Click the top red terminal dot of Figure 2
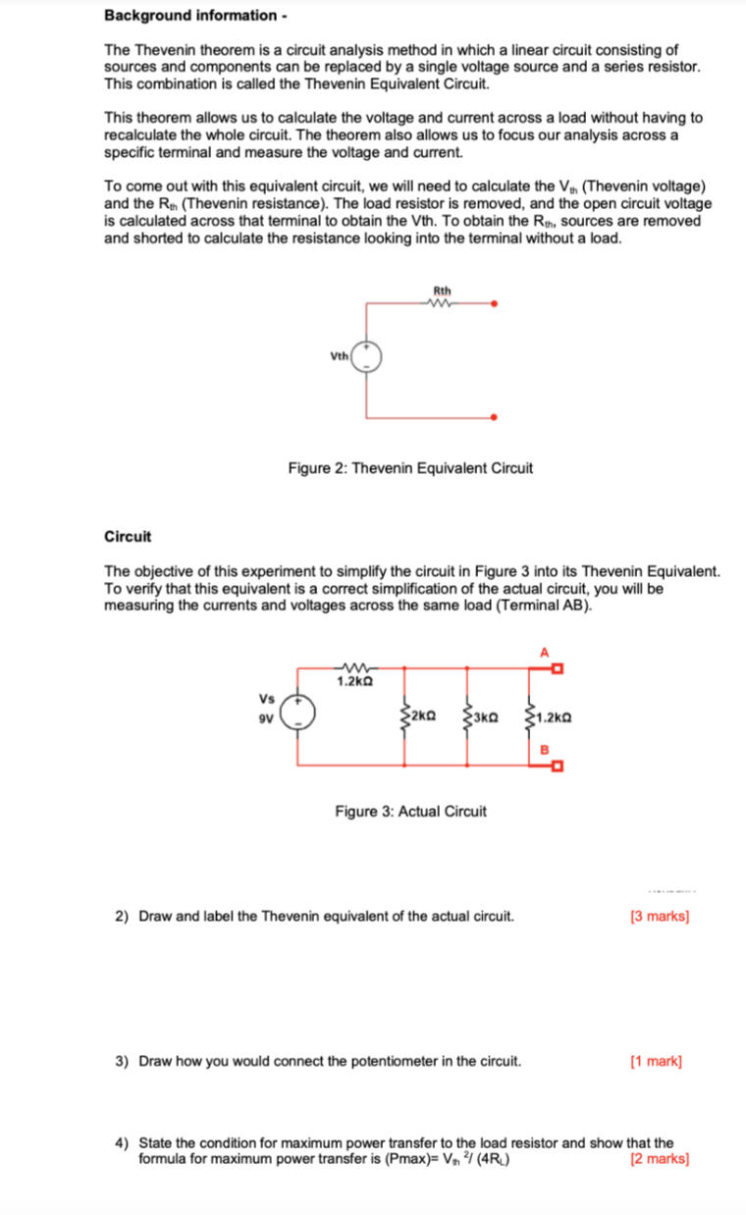click(495, 304)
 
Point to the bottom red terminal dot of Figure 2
click(495, 417)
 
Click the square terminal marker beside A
click(556, 669)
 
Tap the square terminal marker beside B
click(556, 766)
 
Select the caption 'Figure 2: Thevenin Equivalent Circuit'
click(410, 468)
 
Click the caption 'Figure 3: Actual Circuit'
click(410, 812)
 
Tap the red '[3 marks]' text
click(659, 917)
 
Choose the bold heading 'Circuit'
click(128, 536)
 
